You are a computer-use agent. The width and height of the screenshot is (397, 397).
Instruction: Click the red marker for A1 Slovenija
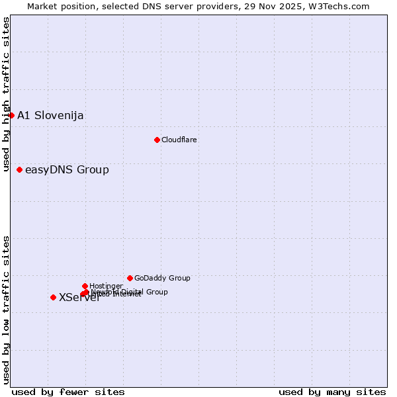click(x=11, y=115)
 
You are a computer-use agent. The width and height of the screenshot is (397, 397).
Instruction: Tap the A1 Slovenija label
click(x=50, y=116)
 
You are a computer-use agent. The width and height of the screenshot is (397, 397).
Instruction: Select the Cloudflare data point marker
click(x=157, y=140)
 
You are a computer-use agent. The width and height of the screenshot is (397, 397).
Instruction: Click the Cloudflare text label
click(x=179, y=140)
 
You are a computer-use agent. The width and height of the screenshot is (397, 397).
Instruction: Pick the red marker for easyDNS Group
click(x=19, y=170)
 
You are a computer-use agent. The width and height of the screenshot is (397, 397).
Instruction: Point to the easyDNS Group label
click(x=67, y=170)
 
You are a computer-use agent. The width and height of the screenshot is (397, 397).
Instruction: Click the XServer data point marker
click(x=53, y=297)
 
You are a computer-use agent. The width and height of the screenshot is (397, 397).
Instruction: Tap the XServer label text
click(x=79, y=298)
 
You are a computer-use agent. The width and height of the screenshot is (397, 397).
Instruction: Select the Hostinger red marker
click(x=85, y=286)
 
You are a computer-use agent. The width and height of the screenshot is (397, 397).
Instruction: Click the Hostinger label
click(x=106, y=286)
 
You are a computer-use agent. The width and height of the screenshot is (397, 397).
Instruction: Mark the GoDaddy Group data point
click(x=130, y=278)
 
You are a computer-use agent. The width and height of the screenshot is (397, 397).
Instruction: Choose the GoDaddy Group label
click(x=162, y=279)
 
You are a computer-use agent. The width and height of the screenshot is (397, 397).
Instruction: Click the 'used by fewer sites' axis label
click(x=68, y=392)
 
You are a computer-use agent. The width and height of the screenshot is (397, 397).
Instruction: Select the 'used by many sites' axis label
click(x=332, y=392)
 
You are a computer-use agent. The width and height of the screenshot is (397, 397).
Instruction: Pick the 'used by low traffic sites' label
click(x=7, y=310)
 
